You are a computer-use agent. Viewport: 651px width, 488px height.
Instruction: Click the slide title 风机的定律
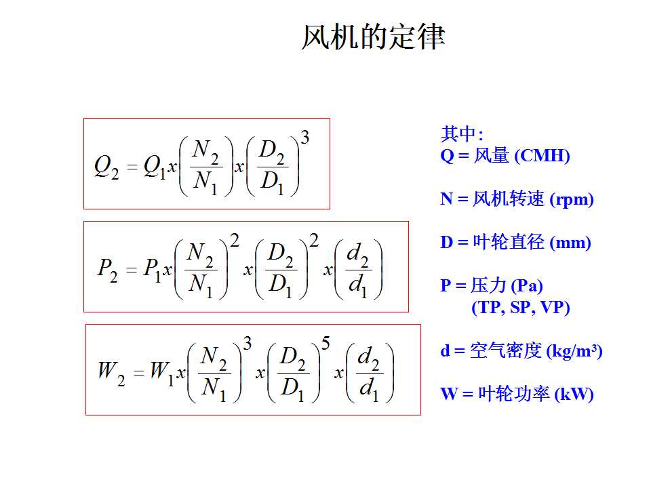[373, 37]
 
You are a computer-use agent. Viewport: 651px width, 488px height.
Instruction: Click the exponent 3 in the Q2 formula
[305, 138]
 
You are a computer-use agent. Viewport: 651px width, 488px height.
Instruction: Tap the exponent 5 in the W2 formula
[325, 343]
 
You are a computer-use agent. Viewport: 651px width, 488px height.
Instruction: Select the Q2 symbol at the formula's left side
[106, 167]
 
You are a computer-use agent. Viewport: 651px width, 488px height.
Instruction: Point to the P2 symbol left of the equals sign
[108, 270]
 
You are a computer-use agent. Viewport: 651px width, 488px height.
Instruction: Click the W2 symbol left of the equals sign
[111, 373]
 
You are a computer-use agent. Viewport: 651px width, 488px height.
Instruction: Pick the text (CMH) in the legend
[542, 156]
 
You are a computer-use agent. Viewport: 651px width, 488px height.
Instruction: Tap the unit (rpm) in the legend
[571, 200]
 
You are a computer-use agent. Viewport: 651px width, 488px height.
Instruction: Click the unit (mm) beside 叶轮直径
[570, 243]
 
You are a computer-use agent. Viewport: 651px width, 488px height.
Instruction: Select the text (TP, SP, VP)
[521, 308]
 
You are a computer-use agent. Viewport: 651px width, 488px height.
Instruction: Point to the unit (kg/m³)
[574, 352]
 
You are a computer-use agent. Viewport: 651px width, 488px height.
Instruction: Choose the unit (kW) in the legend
[574, 394]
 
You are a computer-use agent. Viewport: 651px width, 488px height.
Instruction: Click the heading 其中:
[462, 134]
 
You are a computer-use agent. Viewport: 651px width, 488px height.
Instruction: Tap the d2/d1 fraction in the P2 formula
[358, 270]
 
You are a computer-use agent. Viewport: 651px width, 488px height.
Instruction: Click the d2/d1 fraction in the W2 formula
[370, 373]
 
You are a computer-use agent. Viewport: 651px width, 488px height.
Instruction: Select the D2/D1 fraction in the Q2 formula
[272, 167]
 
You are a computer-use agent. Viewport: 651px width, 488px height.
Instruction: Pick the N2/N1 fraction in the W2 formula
[214, 373]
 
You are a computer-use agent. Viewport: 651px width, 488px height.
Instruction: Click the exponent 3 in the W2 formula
[248, 343]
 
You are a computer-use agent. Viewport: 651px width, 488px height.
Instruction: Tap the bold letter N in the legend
[446, 199]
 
